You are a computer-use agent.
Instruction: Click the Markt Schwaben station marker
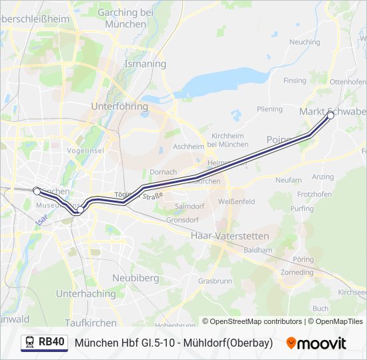[x=330, y=115]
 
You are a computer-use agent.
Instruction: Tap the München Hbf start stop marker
[x=37, y=191]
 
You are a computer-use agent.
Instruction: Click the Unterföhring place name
[x=118, y=106]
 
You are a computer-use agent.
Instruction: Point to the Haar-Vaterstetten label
[x=230, y=236]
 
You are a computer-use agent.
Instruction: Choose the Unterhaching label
[x=85, y=293]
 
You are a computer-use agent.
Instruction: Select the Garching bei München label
[x=125, y=18]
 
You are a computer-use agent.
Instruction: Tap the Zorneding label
[x=297, y=273]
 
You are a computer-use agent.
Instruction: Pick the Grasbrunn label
[x=215, y=281]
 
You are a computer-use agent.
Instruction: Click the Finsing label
[x=294, y=80]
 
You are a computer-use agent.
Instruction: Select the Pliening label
[x=270, y=109]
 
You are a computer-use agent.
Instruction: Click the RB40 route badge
[x=45, y=343]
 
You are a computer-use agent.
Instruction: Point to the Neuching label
[x=304, y=42]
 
